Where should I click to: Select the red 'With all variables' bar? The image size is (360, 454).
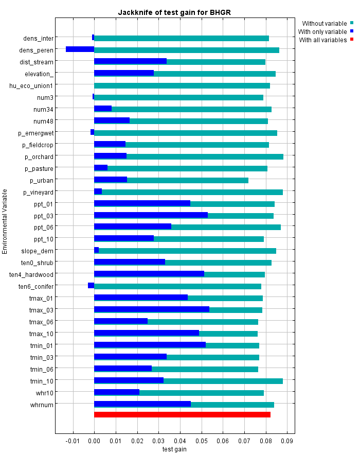tap(182, 414)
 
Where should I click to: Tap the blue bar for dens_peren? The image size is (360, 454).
tap(80, 49)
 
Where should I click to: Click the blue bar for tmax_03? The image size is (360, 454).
tap(152, 309)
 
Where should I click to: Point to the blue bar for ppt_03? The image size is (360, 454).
tap(151, 215)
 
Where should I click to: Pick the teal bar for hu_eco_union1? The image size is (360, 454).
tap(182, 85)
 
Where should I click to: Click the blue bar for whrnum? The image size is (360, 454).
tap(142, 404)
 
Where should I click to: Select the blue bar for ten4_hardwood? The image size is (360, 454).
tap(149, 274)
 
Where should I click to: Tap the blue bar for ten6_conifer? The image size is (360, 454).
tap(91, 286)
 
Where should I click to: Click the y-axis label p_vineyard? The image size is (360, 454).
tap(38, 192)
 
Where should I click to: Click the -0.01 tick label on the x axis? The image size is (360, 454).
tap(73, 441)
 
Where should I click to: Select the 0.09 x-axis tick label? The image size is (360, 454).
tap(286, 441)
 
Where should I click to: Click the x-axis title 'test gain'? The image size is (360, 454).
tap(174, 449)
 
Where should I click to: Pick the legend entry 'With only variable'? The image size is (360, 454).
tap(322, 31)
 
